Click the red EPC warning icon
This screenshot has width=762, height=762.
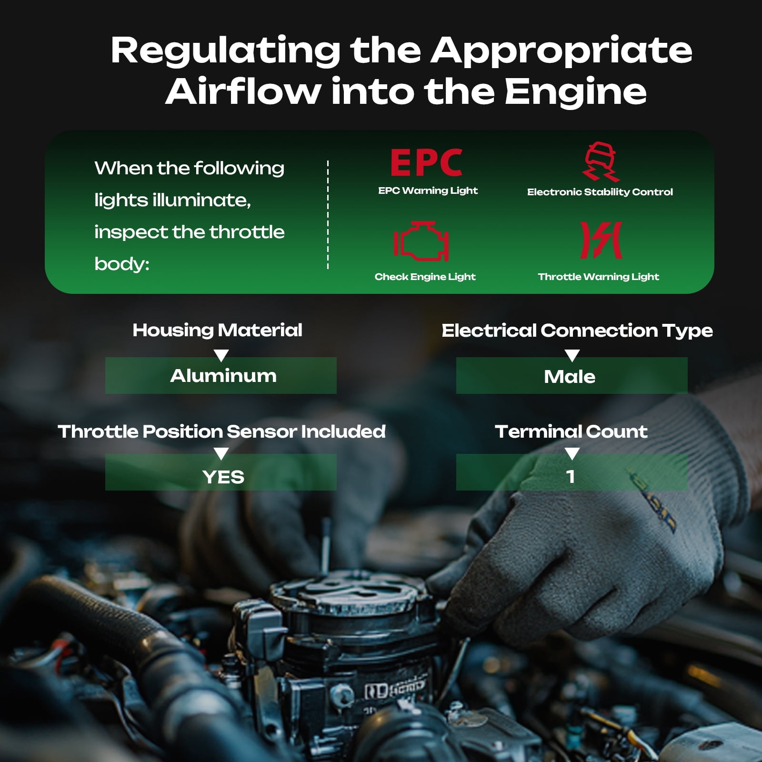(426, 162)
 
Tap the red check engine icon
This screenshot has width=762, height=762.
(421, 241)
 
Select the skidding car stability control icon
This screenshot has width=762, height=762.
(601, 161)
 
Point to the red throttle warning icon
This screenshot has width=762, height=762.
(601, 240)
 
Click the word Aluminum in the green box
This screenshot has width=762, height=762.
(223, 376)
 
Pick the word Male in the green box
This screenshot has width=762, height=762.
(570, 377)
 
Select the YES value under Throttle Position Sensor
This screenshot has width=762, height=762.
(223, 477)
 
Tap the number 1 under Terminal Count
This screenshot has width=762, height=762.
(571, 476)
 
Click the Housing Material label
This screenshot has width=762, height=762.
(218, 330)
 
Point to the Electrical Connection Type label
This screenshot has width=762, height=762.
(577, 331)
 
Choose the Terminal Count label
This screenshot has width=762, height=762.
(571, 431)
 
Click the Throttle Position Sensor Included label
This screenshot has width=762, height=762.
(221, 431)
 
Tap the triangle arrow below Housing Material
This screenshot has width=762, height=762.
(221, 355)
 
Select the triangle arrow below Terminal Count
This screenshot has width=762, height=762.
(572, 453)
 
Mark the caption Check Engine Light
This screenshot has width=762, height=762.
(425, 277)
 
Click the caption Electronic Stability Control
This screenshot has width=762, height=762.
(600, 192)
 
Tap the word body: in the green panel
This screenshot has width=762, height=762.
(122, 264)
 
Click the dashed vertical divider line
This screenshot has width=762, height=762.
(328, 215)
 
